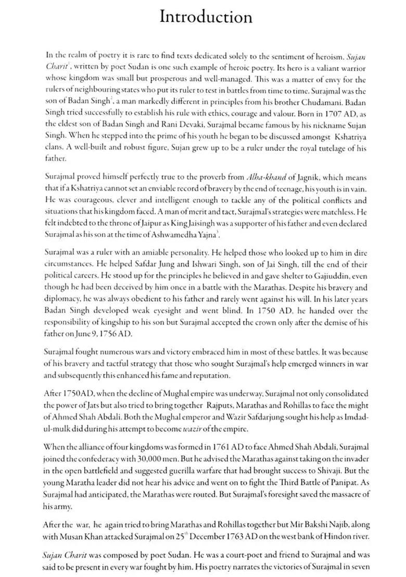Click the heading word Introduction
click(x=206, y=17)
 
